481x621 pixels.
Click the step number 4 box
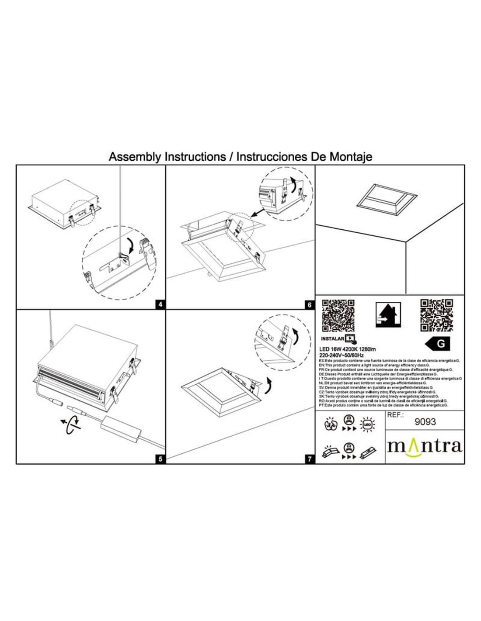tap(161, 305)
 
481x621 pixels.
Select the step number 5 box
tap(161, 459)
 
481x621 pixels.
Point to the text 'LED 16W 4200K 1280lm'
tap(348, 348)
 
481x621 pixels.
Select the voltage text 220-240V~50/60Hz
tap(345, 355)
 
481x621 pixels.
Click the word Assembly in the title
tap(135, 157)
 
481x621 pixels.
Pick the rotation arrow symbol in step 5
tap(71, 423)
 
